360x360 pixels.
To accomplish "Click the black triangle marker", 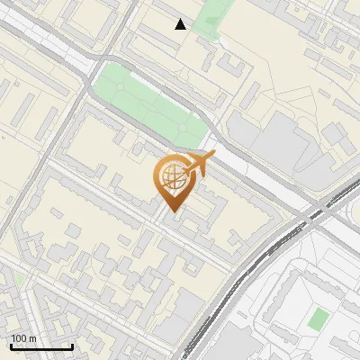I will [x=181, y=24].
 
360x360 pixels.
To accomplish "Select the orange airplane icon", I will [x=199, y=164].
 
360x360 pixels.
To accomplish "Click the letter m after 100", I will [x=33, y=338].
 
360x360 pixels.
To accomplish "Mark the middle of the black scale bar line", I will [x=41, y=346].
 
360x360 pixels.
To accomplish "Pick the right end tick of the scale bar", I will [x=72, y=345].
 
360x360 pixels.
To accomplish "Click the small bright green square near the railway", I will [x=317, y=319].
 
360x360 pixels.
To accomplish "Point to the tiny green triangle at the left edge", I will [x=19, y=279].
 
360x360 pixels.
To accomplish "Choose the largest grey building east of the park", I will [x=270, y=144].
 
